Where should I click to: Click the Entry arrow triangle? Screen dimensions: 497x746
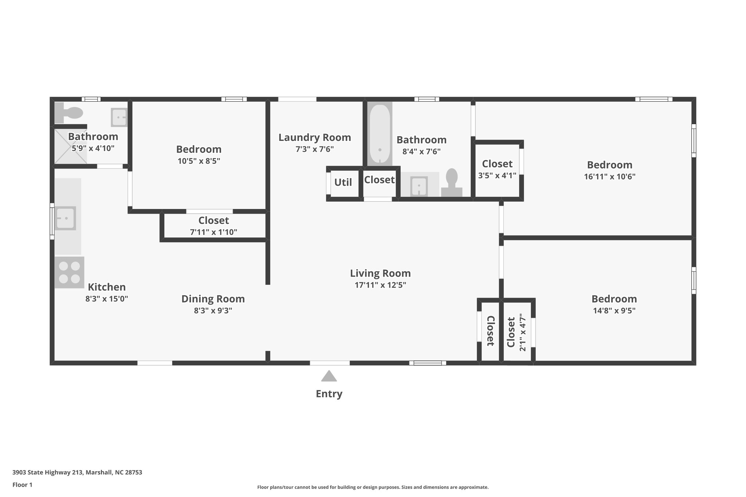tap(329, 376)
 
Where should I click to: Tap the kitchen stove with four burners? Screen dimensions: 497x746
tap(69, 272)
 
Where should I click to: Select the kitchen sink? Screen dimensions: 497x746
tap(66, 218)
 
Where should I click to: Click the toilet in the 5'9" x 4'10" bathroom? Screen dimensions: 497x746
tap(69, 113)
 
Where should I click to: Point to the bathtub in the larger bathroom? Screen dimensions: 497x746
tap(380, 134)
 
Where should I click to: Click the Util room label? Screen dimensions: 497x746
tap(343, 182)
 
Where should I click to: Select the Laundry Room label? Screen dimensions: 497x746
tap(315, 138)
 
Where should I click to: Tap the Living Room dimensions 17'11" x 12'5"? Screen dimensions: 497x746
tap(380, 285)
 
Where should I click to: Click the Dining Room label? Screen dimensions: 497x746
tap(213, 299)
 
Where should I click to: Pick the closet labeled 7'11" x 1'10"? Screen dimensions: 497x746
tap(213, 226)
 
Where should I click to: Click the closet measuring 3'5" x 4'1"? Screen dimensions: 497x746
tap(497, 170)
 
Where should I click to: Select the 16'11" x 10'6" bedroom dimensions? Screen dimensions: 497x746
tap(609, 177)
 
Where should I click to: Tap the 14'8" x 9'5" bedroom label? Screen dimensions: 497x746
tap(614, 299)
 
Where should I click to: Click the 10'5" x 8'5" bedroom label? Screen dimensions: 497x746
tap(199, 149)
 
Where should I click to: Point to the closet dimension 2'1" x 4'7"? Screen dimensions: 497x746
tap(522, 332)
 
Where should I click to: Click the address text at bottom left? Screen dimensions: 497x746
tap(77, 473)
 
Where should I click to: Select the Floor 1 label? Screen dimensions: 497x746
tap(23, 485)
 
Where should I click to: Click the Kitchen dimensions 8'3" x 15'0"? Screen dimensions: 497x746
tap(107, 299)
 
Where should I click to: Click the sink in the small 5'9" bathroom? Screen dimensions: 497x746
tap(119, 117)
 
